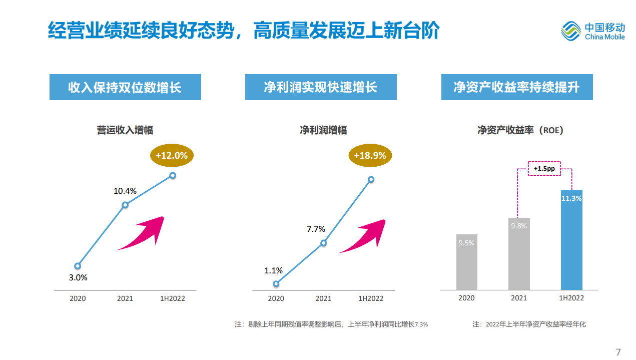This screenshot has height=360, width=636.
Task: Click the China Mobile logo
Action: [x=593, y=31]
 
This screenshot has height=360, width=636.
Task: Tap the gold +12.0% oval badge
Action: [x=172, y=156]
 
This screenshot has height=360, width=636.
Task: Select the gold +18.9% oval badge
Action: [x=370, y=156]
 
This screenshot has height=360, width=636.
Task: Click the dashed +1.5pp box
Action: [x=544, y=169]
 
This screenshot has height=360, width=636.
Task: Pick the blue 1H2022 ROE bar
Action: [x=571, y=240]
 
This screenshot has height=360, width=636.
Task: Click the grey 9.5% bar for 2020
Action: [x=466, y=262]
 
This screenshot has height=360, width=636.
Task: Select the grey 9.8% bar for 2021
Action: [x=519, y=253]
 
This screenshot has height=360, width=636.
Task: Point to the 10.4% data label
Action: [x=125, y=191]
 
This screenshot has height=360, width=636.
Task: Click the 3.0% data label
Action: [x=78, y=277]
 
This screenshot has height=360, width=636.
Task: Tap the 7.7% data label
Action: [x=316, y=229]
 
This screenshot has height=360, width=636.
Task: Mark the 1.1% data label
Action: [x=274, y=271]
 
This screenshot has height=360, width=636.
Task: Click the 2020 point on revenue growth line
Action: [x=78, y=266]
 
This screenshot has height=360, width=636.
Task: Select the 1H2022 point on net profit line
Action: [x=371, y=179]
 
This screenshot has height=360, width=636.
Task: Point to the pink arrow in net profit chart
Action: [x=363, y=237]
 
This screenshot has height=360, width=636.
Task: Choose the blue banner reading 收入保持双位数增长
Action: [x=125, y=88]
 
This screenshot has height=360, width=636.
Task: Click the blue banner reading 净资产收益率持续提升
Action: [x=517, y=88]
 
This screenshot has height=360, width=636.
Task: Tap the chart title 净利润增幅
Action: [x=323, y=131]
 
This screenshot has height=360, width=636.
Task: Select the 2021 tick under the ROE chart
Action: [x=519, y=298]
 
